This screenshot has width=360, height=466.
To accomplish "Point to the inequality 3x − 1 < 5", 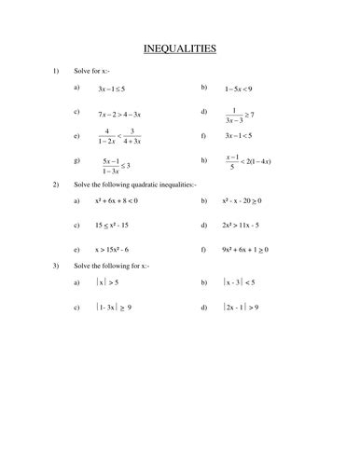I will coord(244,137).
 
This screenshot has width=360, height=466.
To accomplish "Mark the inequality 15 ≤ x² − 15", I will coord(116,226).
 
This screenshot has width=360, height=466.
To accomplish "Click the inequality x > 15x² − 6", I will coord(118,251).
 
